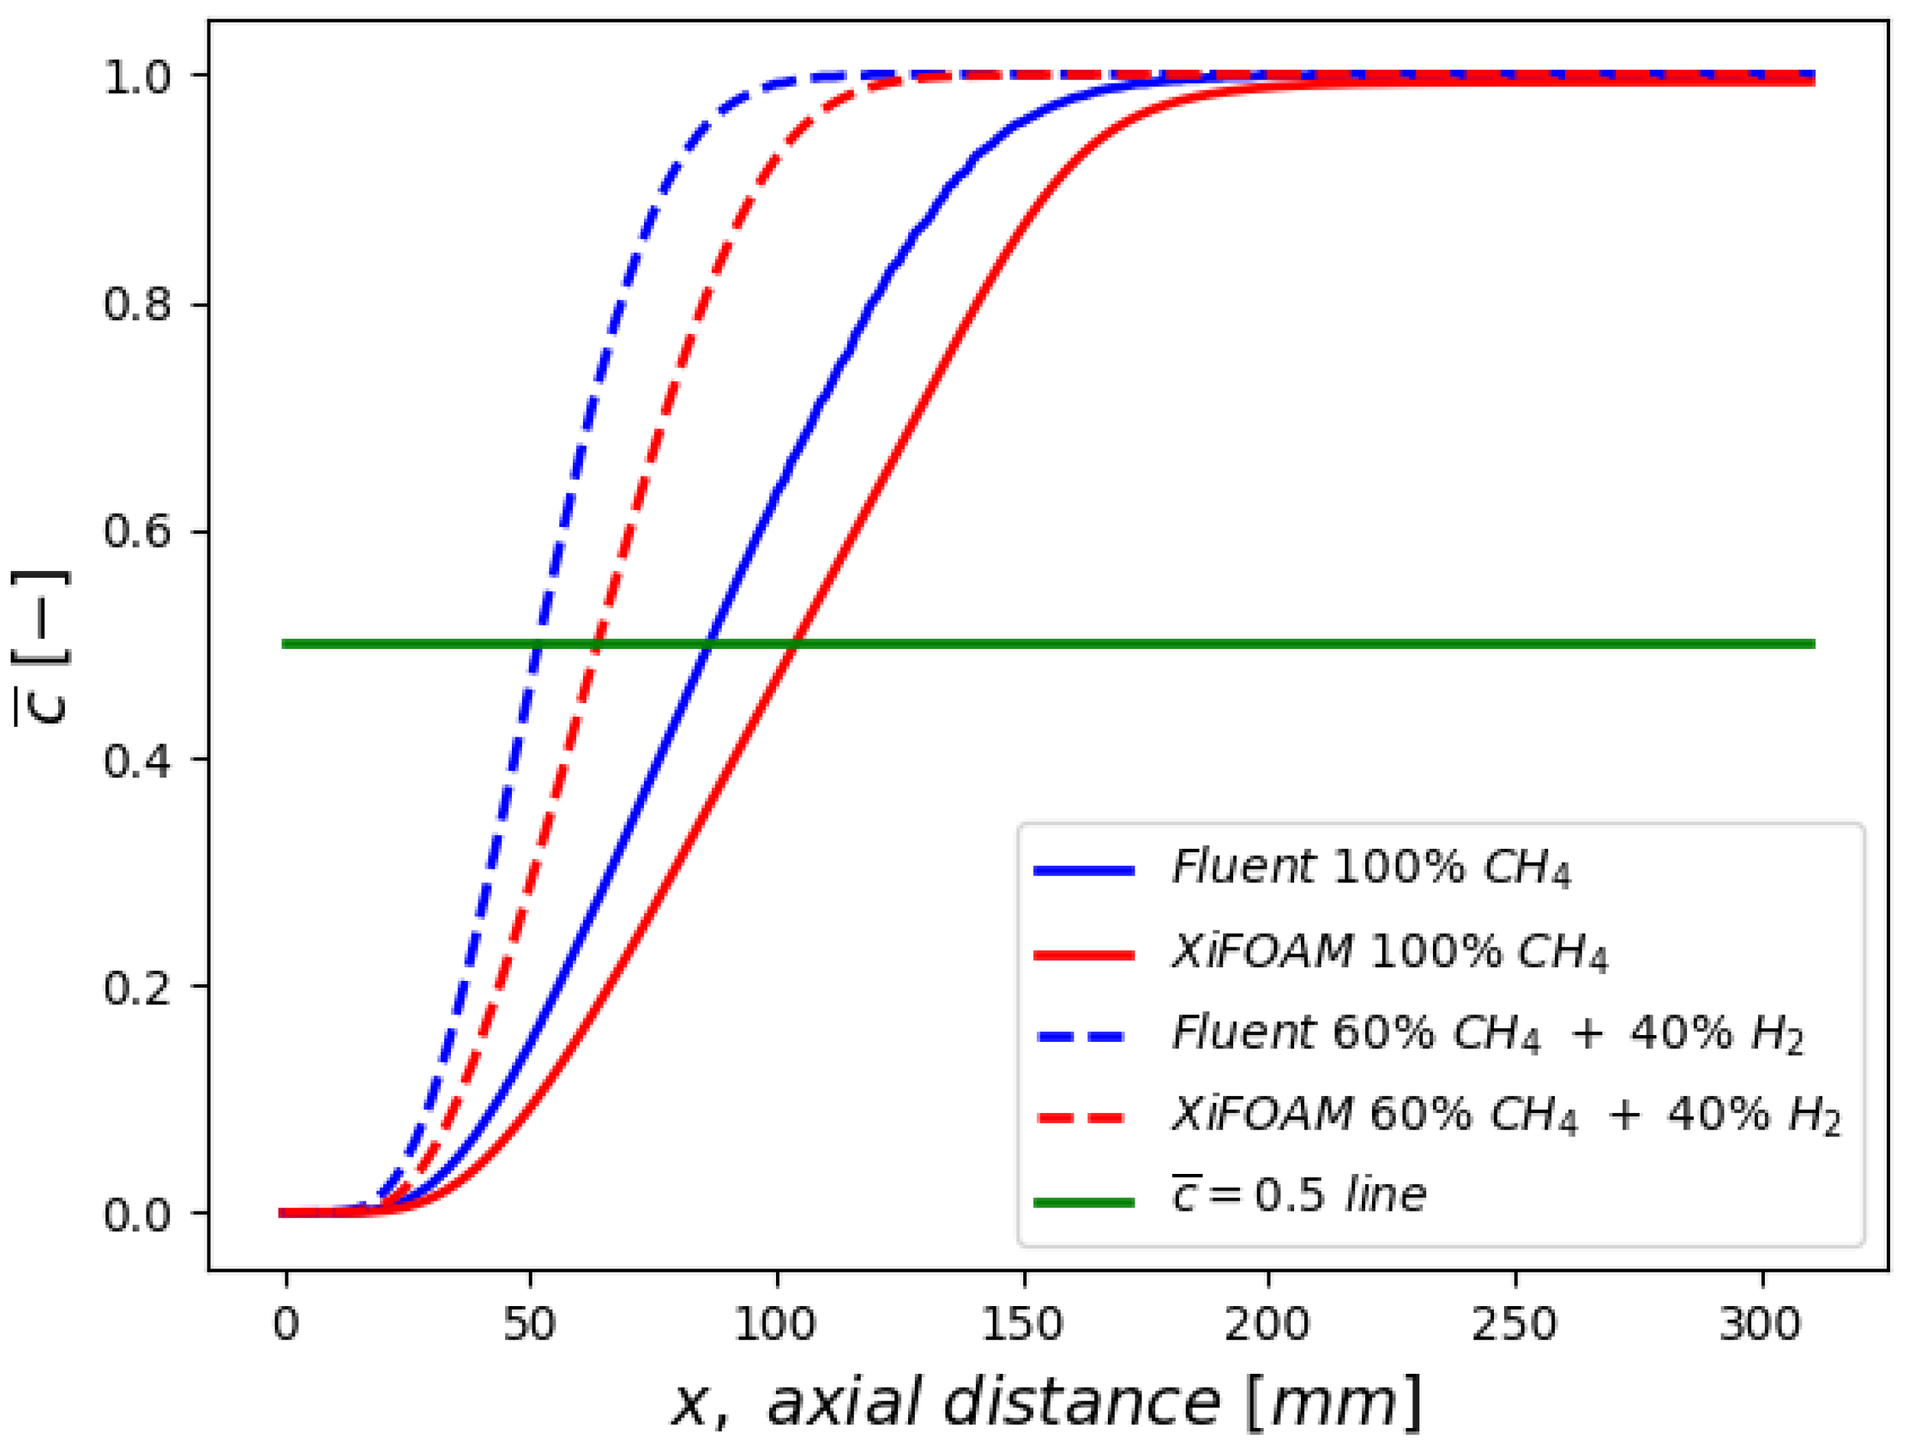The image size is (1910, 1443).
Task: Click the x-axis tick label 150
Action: (x=1022, y=1324)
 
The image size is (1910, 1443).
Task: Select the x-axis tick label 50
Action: (x=529, y=1324)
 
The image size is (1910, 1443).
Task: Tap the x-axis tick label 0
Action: (x=286, y=1324)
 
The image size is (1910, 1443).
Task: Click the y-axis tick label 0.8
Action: (x=138, y=305)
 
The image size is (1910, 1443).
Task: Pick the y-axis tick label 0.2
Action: (x=138, y=986)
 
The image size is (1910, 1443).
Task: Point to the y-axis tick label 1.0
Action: (x=138, y=78)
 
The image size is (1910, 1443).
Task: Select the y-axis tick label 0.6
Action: (x=138, y=531)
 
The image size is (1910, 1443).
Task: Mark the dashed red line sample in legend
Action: (x=1084, y=1119)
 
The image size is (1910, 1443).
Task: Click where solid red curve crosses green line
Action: (x=795, y=644)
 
